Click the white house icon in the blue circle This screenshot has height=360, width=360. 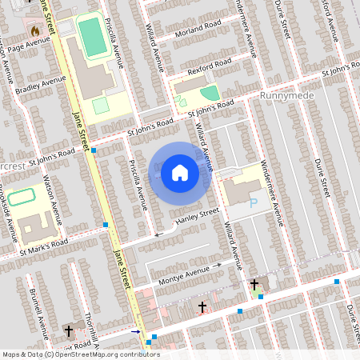pos(180,172)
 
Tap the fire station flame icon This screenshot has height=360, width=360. pos(34,30)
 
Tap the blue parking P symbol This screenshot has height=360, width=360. pos(254,203)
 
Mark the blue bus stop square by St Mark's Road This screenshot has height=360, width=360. pos(106,226)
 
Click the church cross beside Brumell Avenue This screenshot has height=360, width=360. pos(68,330)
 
